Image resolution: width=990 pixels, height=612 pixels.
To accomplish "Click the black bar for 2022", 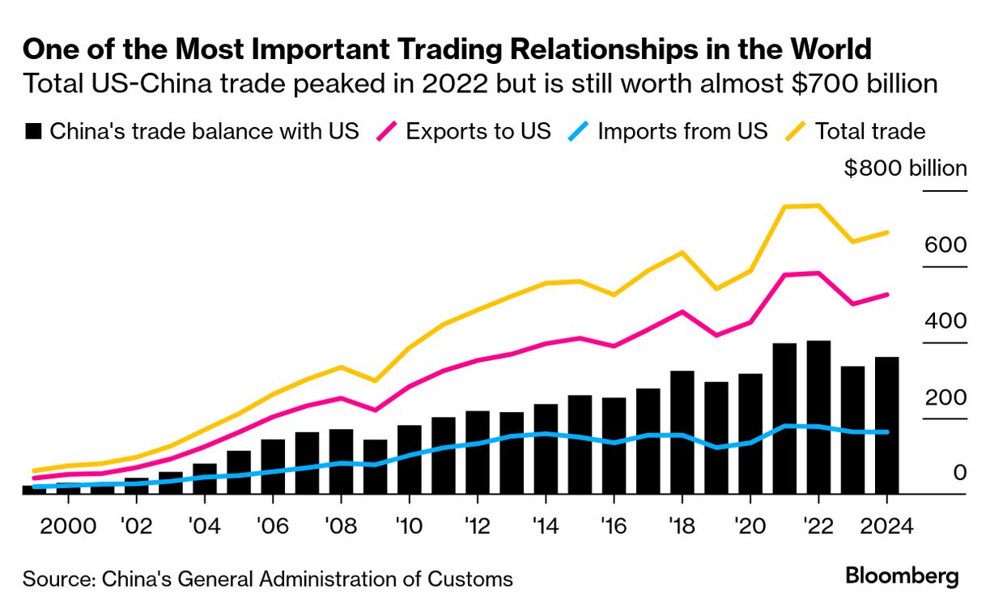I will tap(818, 417).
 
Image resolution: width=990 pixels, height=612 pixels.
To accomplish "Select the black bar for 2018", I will tap(682, 432).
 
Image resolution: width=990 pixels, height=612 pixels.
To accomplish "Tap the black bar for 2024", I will tap(887, 425).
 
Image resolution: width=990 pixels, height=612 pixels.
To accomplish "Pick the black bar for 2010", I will tap(410, 459).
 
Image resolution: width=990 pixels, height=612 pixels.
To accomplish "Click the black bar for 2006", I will tap(273, 466).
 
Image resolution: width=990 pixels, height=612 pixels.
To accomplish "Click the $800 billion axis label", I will tap(905, 169).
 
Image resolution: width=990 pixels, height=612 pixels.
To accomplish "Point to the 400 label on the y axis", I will tap(945, 321).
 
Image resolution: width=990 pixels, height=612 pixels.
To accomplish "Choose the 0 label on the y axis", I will tap(960, 473).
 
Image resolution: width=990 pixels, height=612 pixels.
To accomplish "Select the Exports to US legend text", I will tap(478, 131).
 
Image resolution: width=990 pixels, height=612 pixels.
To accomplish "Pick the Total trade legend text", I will tap(869, 131).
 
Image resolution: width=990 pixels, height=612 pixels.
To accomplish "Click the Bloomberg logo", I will tap(902, 576).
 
